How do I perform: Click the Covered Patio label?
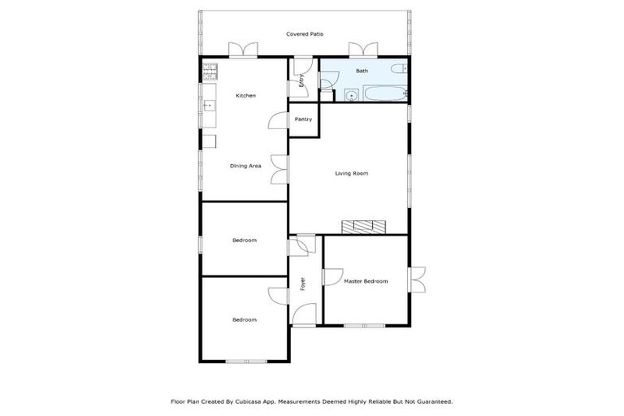[x=305, y=34]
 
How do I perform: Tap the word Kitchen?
[x=245, y=96]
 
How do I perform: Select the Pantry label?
[x=303, y=119]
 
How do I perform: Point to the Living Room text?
[x=352, y=173]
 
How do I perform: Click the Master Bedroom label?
[x=365, y=281]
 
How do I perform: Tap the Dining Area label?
[x=245, y=166]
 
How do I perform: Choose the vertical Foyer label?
[x=303, y=284]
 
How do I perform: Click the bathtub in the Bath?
[x=383, y=94]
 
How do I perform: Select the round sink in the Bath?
[x=351, y=95]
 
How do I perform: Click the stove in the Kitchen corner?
[x=208, y=71]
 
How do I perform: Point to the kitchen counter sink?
[x=208, y=105]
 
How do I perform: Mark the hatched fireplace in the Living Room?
[x=362, y=227]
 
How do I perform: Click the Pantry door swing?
[x=278, y=120]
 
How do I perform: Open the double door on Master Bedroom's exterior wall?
[x=418, y=279]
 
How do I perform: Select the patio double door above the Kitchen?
[x=242, y=50]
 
